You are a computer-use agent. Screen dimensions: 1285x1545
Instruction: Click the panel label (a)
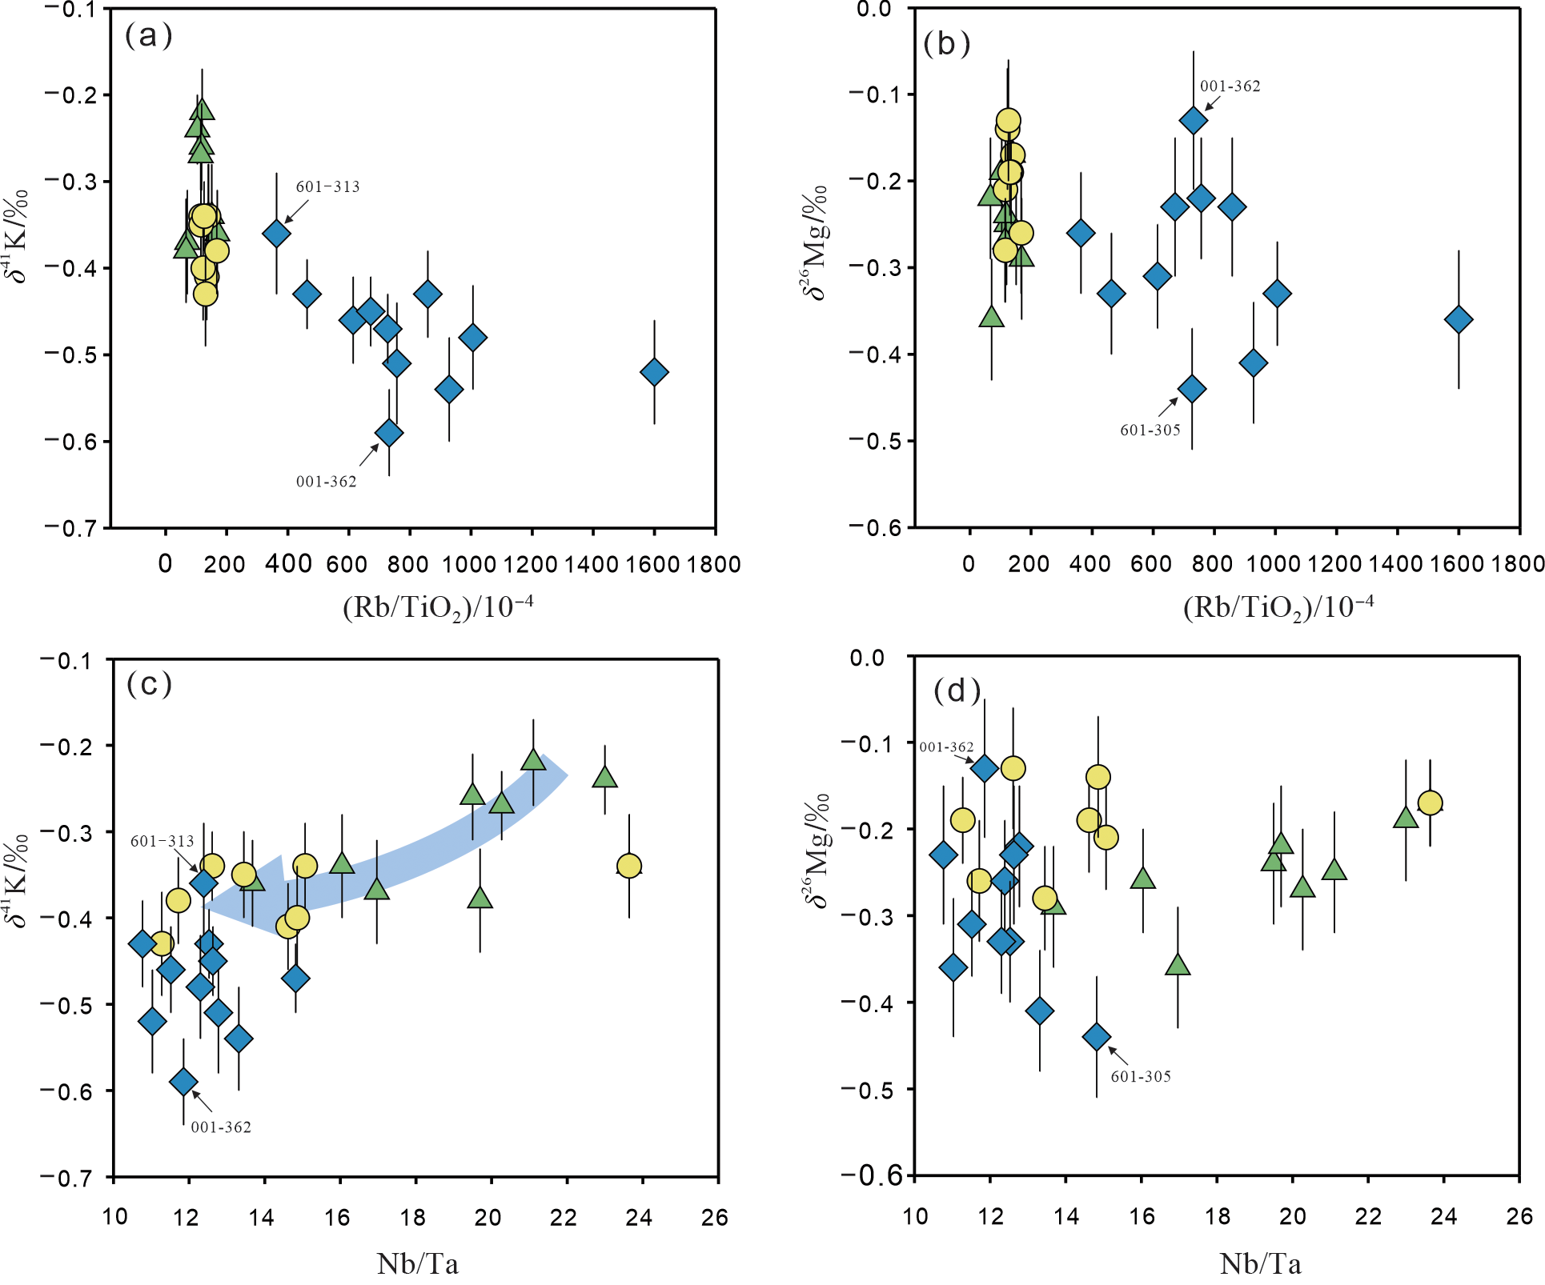[x=148, y=36]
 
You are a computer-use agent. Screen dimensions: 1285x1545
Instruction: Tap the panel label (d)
[x=957, y=691]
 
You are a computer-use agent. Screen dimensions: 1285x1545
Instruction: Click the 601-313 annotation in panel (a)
[x=327, y=186]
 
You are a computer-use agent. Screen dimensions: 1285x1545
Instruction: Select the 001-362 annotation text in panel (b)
[x=1230, y=86]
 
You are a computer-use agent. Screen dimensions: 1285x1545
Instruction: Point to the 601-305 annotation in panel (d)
[x=1141, y=1076]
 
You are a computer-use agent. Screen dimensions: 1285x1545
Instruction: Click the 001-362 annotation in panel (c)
[x=221, y=1127]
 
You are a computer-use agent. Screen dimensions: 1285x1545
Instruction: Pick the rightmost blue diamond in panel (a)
[x=654, y=372]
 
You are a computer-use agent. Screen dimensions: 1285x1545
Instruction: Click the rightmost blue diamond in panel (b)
[x=1459, y=319]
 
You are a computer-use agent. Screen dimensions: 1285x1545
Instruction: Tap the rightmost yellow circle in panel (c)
[x=629, y=866]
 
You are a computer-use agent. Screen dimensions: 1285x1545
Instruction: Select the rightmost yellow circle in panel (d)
[x=1431, y=803]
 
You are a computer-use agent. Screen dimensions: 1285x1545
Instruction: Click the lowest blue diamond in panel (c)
[x=183, y=1082]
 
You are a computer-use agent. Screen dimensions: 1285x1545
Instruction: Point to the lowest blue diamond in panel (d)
[x=1097, y=1037]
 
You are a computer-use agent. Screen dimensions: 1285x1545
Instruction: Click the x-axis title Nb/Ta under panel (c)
[x=417, y=1264]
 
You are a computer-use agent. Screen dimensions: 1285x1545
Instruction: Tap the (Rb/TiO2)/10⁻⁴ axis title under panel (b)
[x=1278, y=607]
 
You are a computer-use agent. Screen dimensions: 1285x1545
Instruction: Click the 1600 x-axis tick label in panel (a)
[x=652, y=564]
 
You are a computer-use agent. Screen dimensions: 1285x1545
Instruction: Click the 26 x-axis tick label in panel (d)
[x=1519, y=1216]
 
